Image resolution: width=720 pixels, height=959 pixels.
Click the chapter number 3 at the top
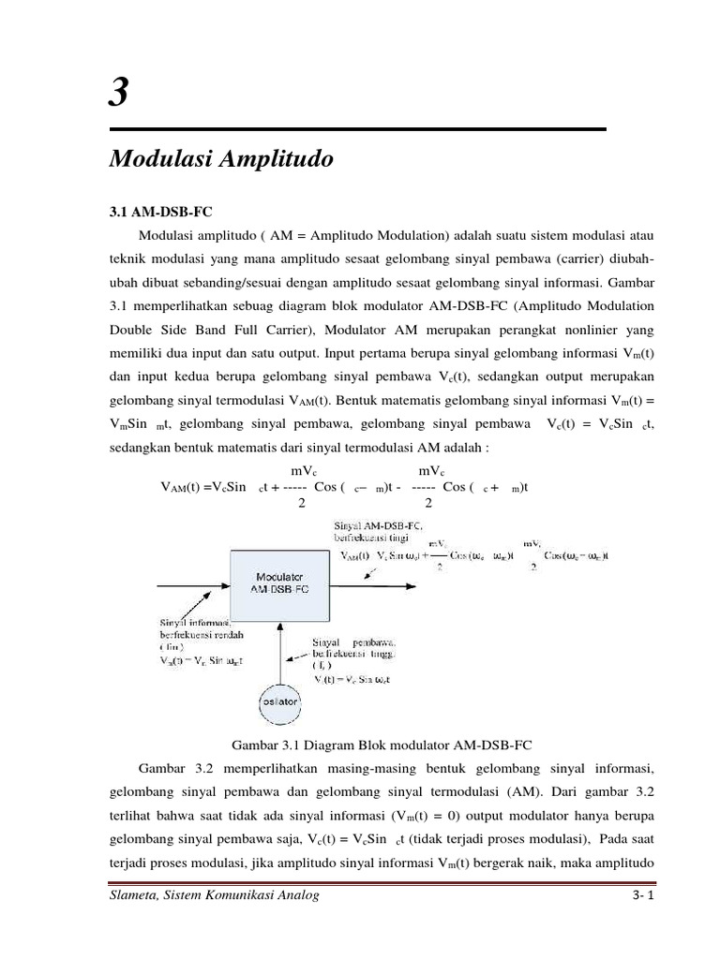tap(119, 94)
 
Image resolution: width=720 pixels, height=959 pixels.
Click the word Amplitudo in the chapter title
tap(277, 160)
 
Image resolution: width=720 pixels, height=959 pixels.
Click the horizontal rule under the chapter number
tap(357, 129)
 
